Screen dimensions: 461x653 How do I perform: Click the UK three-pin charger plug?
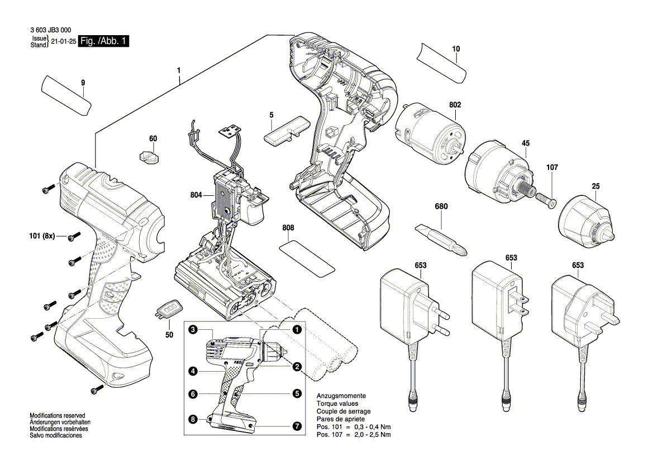click(581, 304)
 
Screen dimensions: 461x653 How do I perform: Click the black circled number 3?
click(192, 330)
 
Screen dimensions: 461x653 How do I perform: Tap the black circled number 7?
click(297, 426)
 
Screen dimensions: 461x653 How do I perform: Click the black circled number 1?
click(297, 330)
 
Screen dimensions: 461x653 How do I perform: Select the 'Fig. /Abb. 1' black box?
click(104, 41)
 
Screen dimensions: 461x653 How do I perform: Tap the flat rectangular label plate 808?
click(306, 256)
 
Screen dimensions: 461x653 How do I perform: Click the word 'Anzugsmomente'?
click(341, 395)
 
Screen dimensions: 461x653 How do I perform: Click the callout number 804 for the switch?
click(196, 195)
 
